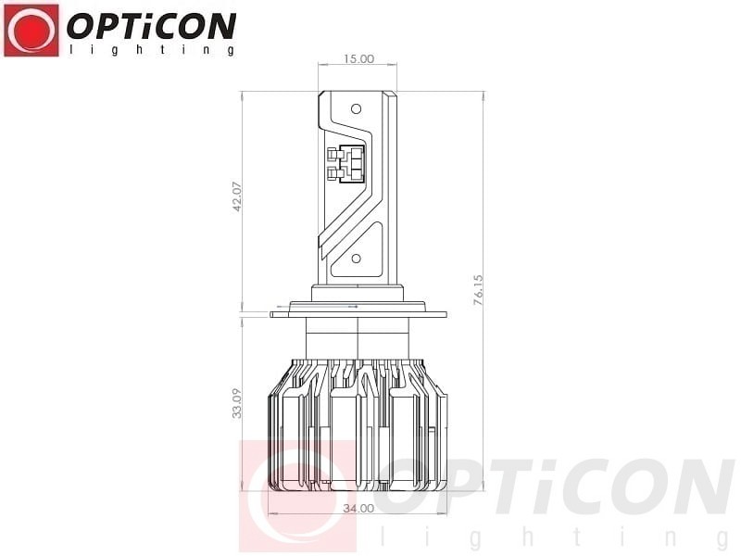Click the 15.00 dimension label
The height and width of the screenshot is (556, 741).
(358, 59)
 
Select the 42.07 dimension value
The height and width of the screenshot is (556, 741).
(237, 196)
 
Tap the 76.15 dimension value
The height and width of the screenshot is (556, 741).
(478, 289)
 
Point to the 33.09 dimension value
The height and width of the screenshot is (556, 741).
(237, 403)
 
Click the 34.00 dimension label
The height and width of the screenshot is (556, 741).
(358, 509)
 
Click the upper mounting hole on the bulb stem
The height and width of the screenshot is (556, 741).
(357, 109)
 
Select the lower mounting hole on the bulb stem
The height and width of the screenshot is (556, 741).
(357, 259)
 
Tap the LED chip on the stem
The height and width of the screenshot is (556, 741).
(346, 164)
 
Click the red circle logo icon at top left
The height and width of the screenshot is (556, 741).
(31, 31)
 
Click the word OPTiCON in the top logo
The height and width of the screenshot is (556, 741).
(151, 26)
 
